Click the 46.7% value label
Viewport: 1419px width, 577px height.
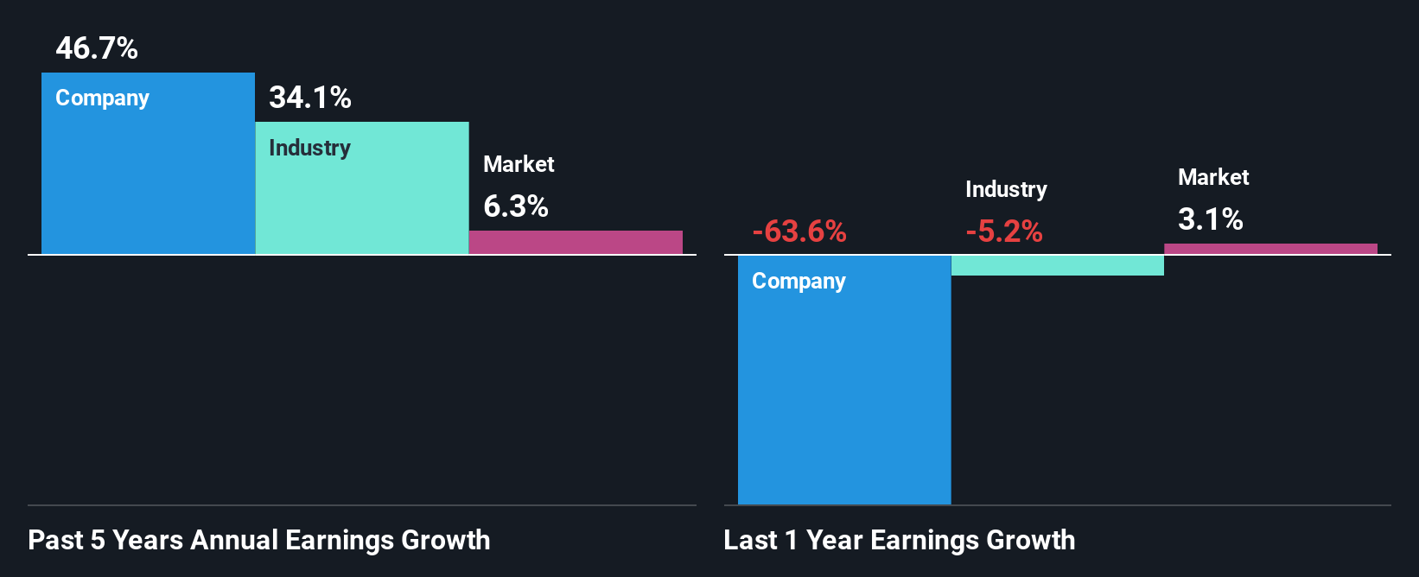click(97, 48)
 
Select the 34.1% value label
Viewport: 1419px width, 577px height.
click(310, 98)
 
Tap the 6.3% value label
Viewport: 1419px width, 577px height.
click(516, 206)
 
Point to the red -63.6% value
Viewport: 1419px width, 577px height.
click(799, 231)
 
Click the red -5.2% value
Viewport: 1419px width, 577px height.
click(1004, 231)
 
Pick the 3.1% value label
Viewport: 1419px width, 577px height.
click(1211, 219)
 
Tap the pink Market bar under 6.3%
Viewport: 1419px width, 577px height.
click(576, 242)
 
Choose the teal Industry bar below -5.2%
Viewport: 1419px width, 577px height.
click(1058, 265)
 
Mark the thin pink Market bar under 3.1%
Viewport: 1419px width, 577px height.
click(1270, 249)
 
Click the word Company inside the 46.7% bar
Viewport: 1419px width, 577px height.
click(102, 98)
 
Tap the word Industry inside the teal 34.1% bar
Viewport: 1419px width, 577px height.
click(309, 148)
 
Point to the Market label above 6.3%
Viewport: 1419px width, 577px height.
click(519, 164)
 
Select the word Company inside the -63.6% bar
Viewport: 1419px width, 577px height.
click(799, 282)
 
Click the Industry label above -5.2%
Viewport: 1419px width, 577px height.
click(1006, 189)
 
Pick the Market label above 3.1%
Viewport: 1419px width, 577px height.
click(1213, 177)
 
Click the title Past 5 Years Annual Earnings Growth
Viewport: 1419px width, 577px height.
click(259, 540)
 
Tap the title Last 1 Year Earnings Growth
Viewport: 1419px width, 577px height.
click(900, 540)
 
